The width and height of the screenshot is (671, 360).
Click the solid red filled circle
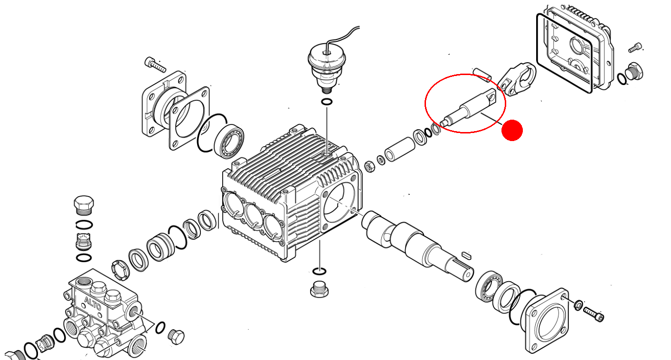point(512,130)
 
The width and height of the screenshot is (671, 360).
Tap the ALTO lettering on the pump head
point(93,303)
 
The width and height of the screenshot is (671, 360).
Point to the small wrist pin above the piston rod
point(482,75)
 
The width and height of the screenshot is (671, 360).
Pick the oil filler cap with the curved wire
point(327,68)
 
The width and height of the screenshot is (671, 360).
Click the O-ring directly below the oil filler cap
point(327,102)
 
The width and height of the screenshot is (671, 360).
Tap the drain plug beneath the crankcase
point(319,289)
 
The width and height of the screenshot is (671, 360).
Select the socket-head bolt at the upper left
point(155,65)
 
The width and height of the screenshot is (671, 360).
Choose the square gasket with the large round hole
point(189,119)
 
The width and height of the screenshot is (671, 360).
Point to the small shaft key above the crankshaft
point(466,255)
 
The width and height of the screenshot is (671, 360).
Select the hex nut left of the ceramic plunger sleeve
point(369,167)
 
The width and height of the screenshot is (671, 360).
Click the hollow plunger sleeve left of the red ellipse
point(400,149)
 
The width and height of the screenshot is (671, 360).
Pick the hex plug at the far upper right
point(634,71)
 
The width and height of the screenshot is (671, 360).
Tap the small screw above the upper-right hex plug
point(635,47)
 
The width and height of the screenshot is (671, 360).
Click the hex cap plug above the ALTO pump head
point(84,205)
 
